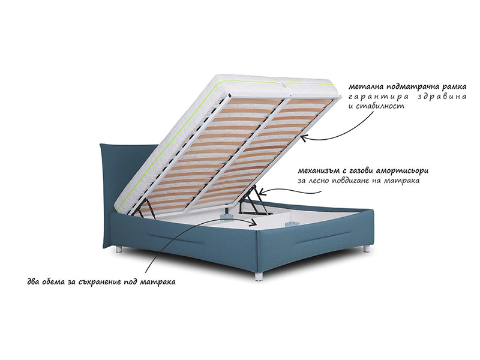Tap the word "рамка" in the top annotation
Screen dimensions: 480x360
pos(455,86)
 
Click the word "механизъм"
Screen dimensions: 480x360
pos(316,171)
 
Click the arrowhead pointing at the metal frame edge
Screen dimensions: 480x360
pos(304,139)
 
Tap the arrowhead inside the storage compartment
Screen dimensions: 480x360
pos(253,223)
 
